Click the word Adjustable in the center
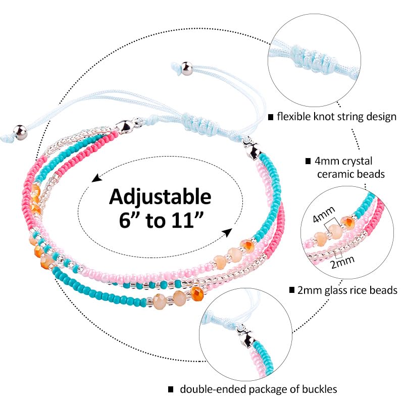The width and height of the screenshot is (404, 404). pos(160,197)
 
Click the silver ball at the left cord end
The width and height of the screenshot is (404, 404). pos(20,132)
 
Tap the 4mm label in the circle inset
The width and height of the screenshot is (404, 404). pos(324,215)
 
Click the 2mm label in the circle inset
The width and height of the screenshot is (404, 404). pos(343,262)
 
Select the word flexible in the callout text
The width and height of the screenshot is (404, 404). pos(294,117)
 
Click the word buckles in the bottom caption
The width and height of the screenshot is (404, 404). pos(319,389)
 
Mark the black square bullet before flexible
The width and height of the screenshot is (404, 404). pos(271,117)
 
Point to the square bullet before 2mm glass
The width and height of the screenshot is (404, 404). pos(292,290)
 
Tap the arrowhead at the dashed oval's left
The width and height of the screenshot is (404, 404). pos(96,178)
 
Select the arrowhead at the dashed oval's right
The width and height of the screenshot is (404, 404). pos(228,232)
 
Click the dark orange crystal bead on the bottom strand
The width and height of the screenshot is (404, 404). pos(197,293)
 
